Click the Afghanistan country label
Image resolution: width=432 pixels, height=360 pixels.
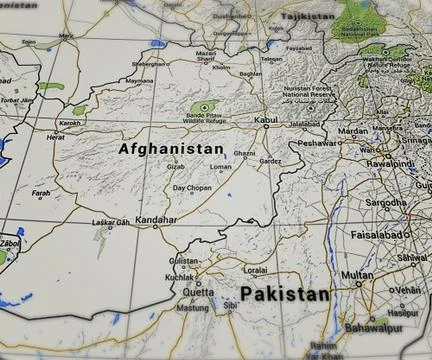coord(172,149)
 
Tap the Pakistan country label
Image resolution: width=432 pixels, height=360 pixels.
coord(285,294)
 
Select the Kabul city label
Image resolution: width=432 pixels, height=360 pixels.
coord(267,120)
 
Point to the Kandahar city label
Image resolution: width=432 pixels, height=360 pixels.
coord(155,219)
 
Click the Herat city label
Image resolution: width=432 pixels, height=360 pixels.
coord(69,137)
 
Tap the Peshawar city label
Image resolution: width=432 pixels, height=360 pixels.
coord(318,143)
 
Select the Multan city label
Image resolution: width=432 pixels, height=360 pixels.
coord(357,274)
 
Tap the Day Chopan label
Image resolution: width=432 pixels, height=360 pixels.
coord(191,188)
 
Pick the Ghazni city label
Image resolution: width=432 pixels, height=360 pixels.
coord(245,153)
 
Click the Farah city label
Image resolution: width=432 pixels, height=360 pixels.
coord(41,193)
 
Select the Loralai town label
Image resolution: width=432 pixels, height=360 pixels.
coord(256,269)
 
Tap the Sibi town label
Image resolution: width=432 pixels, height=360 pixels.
coord(230,305)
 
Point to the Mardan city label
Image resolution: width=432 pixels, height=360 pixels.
coord(352,130)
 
